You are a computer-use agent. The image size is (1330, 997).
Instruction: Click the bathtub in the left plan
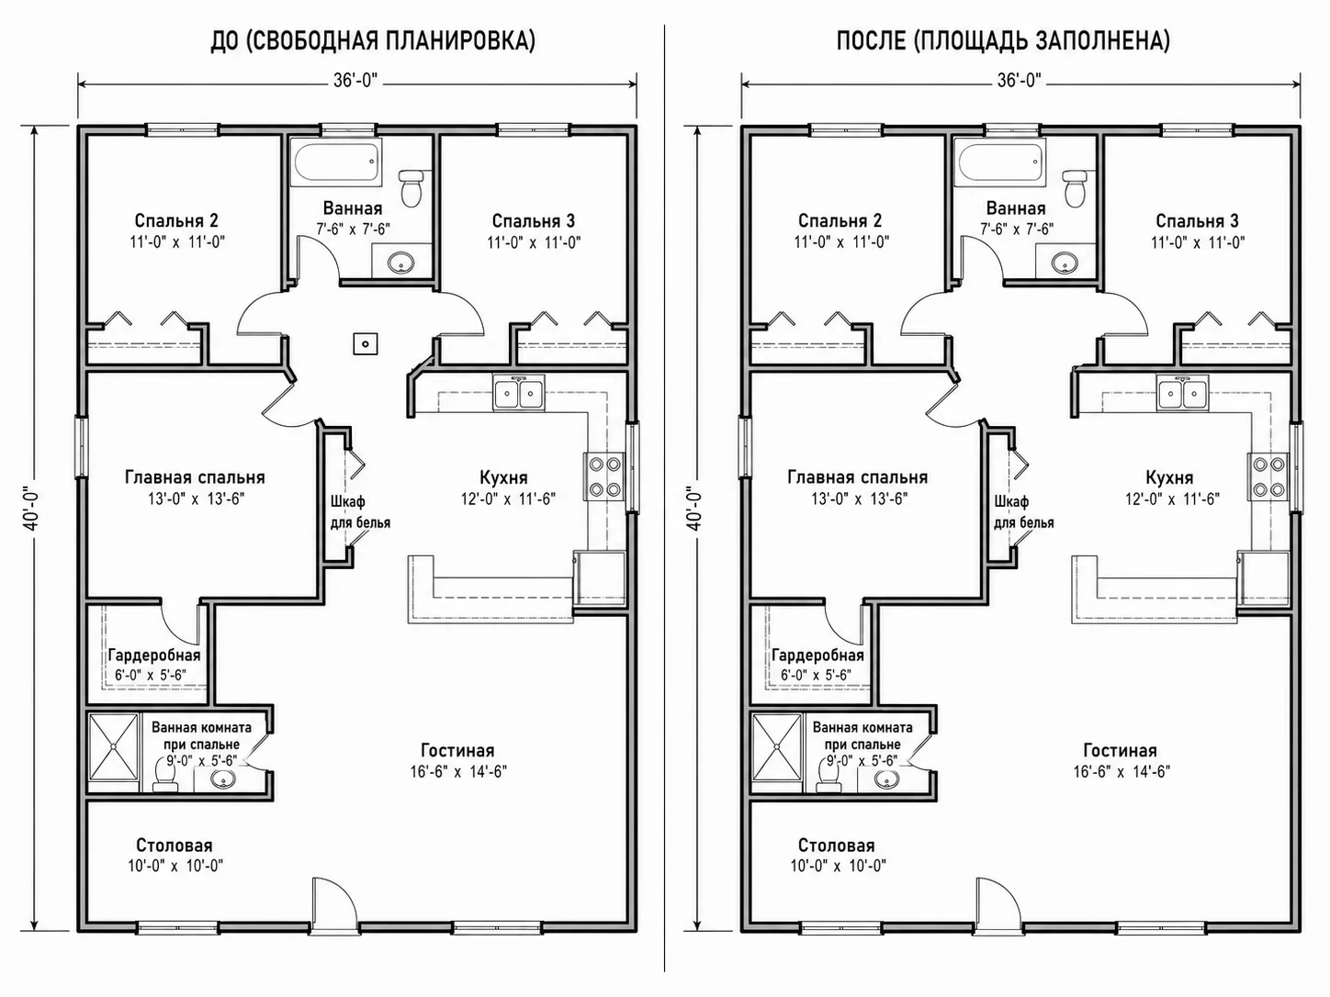coord(337,162)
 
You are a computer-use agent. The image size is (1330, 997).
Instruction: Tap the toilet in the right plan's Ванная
coord(1075,187)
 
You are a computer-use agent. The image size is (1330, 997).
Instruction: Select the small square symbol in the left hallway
coord(366,344)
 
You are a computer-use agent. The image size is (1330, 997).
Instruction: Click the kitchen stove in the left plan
coord(604,476)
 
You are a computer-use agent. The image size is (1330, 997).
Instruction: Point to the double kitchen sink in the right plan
coord(1182,393)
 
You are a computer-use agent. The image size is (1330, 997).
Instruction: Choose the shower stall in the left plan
coord(114,747)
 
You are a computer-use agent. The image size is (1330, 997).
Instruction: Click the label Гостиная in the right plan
coord(1121,751)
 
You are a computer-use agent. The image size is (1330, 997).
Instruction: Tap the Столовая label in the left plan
coord(175,845)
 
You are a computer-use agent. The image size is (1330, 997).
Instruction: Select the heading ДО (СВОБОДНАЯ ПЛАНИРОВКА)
coord(373,41)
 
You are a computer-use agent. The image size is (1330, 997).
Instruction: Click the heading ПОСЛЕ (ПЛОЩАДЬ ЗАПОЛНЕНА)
coord(1003,41)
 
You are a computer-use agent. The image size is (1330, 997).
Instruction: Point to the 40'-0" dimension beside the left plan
coord(32,510)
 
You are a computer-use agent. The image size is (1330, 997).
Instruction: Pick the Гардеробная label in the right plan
coord(817,655)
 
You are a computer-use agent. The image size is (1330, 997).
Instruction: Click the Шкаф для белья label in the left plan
coord(360,511)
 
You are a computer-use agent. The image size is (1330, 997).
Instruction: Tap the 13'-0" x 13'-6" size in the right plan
coord(859,498)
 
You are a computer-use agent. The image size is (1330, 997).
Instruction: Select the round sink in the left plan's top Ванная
coord(401,263)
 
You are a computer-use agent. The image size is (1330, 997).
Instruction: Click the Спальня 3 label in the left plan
coord(534,220)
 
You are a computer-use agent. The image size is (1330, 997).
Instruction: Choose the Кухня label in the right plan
coord(1169,477)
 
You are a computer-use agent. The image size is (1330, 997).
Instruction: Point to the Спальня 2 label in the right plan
coord(840,220)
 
